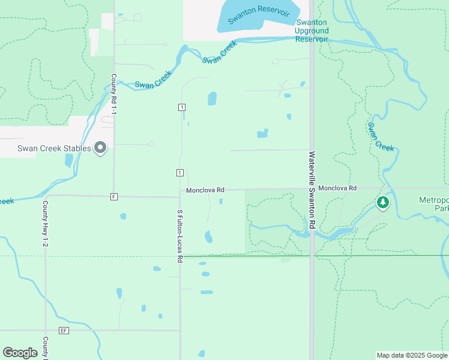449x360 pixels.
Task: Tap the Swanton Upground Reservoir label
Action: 312,31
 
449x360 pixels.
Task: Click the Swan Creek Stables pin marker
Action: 100,147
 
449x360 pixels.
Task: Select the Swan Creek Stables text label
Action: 54,149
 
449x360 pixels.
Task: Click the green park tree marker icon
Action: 382,203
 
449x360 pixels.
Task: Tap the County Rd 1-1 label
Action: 113,94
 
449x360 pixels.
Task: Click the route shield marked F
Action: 113,196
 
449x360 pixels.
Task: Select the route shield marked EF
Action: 64,331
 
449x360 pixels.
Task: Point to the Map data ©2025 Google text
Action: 411,355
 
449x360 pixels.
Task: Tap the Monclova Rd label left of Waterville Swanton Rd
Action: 205,190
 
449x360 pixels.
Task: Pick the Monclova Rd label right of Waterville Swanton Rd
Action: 337,188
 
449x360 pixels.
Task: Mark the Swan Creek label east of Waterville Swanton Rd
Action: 381,137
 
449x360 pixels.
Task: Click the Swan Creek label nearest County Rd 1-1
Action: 153,80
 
